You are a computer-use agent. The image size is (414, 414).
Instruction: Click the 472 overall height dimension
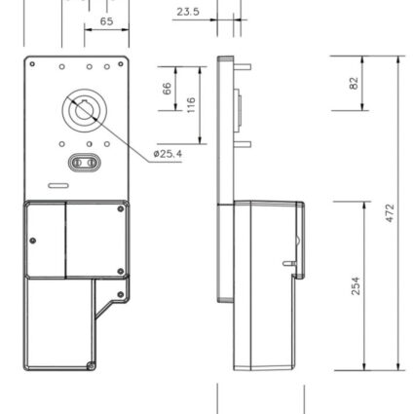pyautogui.click(x=390, y=212)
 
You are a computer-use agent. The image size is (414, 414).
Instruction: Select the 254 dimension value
pyautogui.click(x=356, y=285)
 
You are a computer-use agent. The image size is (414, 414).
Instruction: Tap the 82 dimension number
pyautogui.click(x=354, y=83)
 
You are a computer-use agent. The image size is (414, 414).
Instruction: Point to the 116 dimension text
pyautogui.click(x=191, y=105)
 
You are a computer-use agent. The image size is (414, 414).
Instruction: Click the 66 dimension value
pyautogui.click(x=167, y=89)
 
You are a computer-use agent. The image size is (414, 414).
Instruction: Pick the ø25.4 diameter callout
pyautogui.click(x=168, y=153)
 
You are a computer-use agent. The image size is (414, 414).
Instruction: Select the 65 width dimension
pyautogui.click(x=106, y=21)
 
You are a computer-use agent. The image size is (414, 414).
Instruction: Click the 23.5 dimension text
pyautogui.click(x=188, y=12)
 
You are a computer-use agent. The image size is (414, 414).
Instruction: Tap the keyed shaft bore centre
pyautogui.click(x=85, y=110)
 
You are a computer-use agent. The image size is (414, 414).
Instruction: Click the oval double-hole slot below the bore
pyautogui.click(x=85, y=163)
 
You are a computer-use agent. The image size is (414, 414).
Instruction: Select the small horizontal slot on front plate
pyautogui.click(x=58, y=185)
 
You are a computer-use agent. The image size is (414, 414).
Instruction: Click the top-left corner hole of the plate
pyautogui.click(x=32, y=64)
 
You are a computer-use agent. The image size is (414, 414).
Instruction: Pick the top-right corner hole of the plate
pyautogui.click(x=121, y=64)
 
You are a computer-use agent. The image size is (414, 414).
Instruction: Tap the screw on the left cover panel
pyautogui.click(x=33, y=241)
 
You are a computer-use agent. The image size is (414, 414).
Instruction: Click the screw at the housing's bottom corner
pyautogui.click(x=91, y=365)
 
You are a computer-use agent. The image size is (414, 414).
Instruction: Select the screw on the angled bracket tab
pyautogui.click(x=121, y=294)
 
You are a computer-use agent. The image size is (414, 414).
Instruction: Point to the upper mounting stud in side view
pyautogui.click(x=243, y=67)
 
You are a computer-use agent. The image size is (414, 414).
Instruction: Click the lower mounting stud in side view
pyautogui.click(x=243, y=144)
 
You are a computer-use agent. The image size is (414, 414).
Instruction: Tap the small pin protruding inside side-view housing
pyautogui.click(x=289, y=263)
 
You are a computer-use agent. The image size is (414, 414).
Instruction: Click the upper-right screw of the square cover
pyautogui.click(x=121, y=208)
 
